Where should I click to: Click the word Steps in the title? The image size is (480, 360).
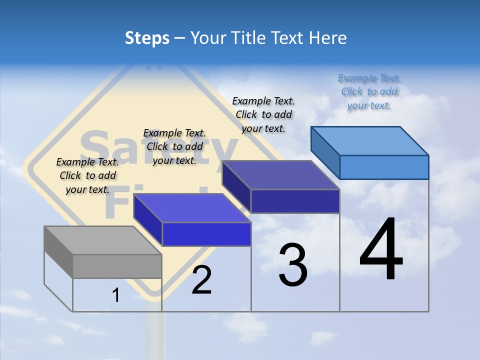pos(147,38)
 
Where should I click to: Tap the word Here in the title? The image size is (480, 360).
pos(327,38)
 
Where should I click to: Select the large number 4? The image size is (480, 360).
pos(381,250)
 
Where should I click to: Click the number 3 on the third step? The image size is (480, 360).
pos(293,265)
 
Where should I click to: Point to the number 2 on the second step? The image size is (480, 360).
pos(201,280)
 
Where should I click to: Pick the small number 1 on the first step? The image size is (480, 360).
pos(116,295)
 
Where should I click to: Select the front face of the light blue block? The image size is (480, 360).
pos(384,167)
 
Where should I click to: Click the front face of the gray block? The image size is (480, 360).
pos(117,266)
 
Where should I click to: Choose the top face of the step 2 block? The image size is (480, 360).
pos(192,208)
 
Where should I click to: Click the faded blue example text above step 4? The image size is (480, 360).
pos(369,92)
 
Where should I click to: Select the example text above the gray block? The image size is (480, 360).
pos(87,175)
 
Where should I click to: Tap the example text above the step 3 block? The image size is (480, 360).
pos(263,114)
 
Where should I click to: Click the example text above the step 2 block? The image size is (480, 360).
pos(174,146)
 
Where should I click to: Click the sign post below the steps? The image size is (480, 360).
pos(155,335)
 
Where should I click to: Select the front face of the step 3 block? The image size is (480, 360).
pos(295,201)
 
